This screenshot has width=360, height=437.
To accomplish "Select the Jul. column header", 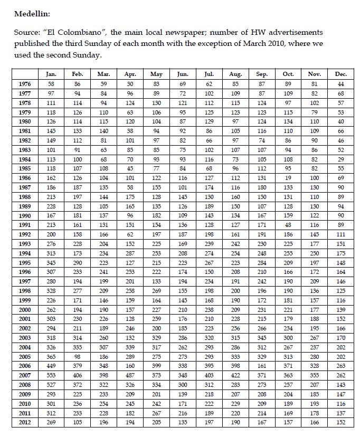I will (x=209, y=74).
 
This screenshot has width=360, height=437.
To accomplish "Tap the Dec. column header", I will (x=340, y=74).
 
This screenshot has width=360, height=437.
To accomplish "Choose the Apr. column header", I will (x=130, y=74).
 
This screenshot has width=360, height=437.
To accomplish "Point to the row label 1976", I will (x=24, y=84).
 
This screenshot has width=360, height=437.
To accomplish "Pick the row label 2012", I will (x=24, y=422).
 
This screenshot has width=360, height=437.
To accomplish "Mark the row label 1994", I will (x=24, y=253).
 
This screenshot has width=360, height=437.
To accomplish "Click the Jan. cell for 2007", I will (x=51, y=375).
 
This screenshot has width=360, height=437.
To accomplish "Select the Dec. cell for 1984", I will (x=340, y=159).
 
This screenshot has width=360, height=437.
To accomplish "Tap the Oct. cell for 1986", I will (x=288, y=178).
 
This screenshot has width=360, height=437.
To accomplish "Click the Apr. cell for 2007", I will (x=130, y=375).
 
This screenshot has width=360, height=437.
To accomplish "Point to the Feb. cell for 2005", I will (x=78, y=356).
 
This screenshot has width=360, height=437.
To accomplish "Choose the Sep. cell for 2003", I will (x=262, y=338).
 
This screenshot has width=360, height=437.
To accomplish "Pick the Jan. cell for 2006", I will (x=51, y=366).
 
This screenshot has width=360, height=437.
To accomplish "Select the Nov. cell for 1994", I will (x=315, y=253).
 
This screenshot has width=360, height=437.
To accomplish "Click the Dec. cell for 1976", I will (x=340, y=84).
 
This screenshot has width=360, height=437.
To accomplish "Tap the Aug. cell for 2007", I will (x=235, y=375).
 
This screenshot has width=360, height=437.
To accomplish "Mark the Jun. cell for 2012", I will (x=183, y=422).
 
